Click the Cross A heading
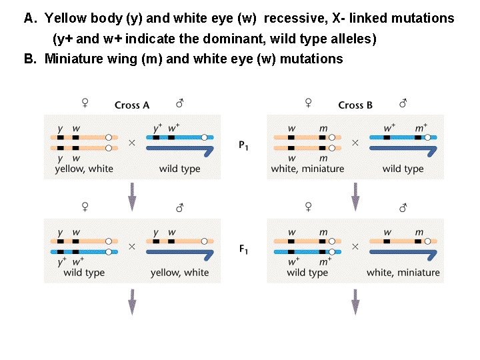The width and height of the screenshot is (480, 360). click(x=132, y=105)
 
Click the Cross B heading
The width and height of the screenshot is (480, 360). click(x=355, y=105)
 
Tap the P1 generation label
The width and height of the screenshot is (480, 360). click(x=244, y=145)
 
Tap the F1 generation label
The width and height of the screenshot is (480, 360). click(x=244, y=249)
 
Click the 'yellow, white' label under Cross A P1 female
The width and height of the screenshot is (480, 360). click(x=83, y=169)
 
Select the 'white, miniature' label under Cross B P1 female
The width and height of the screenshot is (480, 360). click(x=307, y=169)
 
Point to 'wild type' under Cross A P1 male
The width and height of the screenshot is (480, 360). click(x=179, y=169)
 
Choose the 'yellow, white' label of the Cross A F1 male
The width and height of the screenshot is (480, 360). click(x=179, y=272)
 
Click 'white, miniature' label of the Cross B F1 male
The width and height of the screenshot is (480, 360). click(x=403, y=272)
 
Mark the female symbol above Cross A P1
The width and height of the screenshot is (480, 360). click(x=85, y=103)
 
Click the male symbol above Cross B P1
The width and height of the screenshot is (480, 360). click(x=403, y=103)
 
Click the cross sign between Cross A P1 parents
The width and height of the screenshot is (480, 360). click(x=131, y=143)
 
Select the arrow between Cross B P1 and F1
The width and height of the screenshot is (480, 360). click(x=355, y=195)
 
